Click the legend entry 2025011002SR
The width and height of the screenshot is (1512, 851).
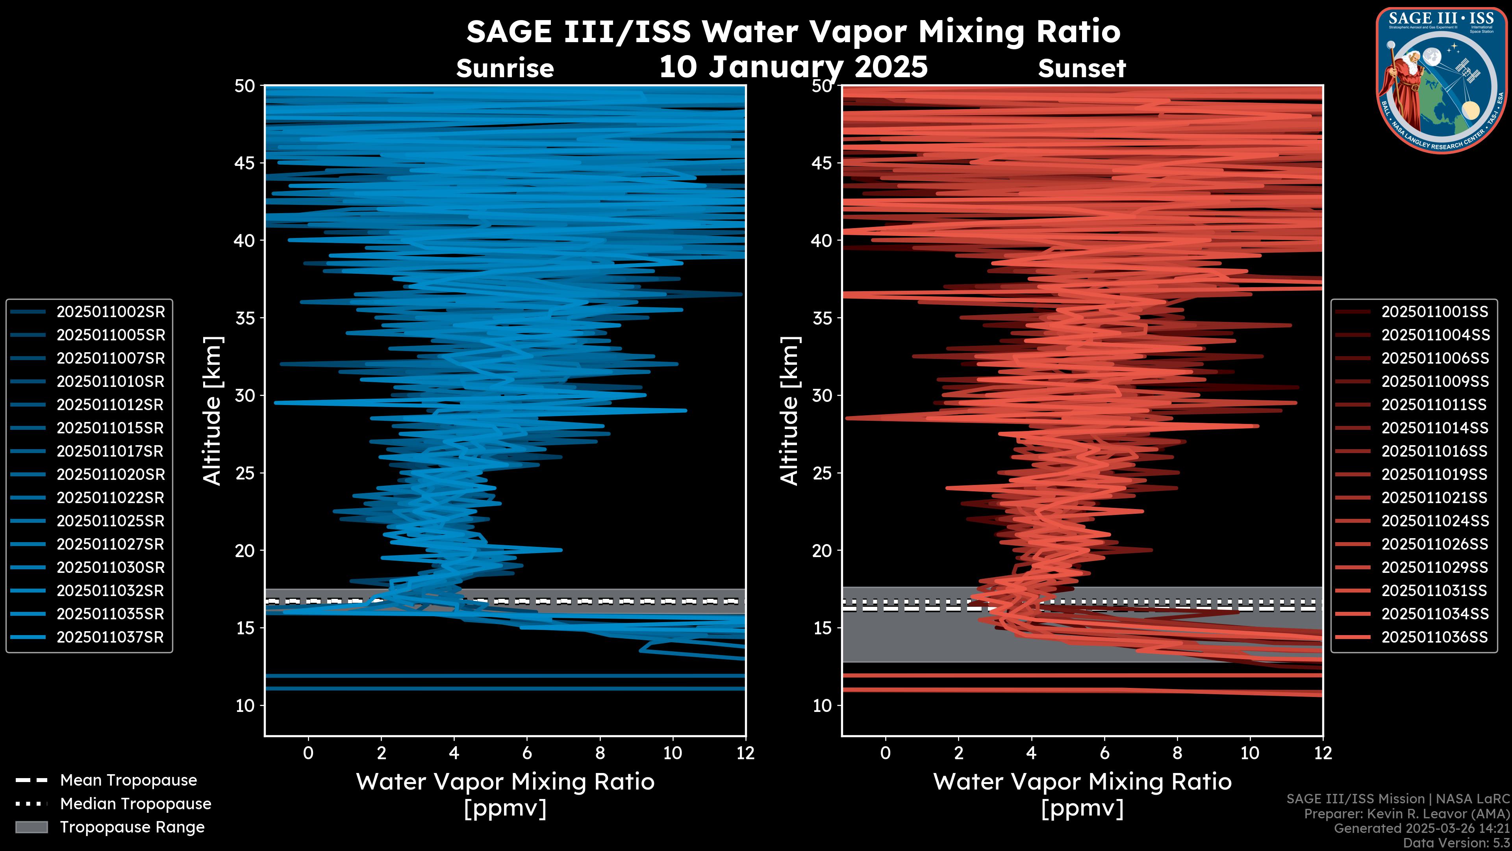pyautogui.click(x=110, y=312)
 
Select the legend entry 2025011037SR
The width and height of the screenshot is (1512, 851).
pyautogui.click(x=110, y=637)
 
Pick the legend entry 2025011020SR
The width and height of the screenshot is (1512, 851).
pyautogui.click(x=110, y=474)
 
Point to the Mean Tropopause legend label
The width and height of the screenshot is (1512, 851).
pyautogui.click(x=128, y=780)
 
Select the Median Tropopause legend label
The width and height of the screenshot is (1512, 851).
pyautogui.click(x=135, y=804)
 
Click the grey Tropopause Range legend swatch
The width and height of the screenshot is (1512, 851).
pyautogui.click(x=31, y=827)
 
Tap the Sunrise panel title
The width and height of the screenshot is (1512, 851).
pyautogui.click(x=505, y=69)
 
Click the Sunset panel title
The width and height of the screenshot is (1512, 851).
pyautogui.click(x=1082, y=69)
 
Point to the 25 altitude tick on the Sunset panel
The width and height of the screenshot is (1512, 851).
pyautogui.click(x=822, y=473)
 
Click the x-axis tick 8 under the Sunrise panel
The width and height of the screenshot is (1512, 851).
pyautogui.click(x=600, y=753)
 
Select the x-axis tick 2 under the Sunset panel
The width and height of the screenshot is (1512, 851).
pyautogui.click(x=958, y=753)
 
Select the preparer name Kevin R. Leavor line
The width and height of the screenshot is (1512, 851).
pyautogui.click(x=1406, y=814)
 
